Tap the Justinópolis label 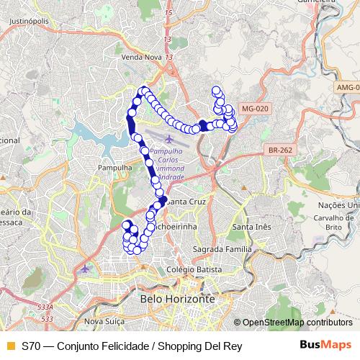click(x=29, y=22)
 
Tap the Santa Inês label click(x=250, y=228)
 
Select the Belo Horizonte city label click(x=178, y=298)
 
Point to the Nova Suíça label click(x=101, y=320)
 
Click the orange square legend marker click(x=9, y=345)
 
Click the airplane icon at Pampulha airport click(x=168, y=138)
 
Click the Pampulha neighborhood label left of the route click(x=114, y=167)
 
